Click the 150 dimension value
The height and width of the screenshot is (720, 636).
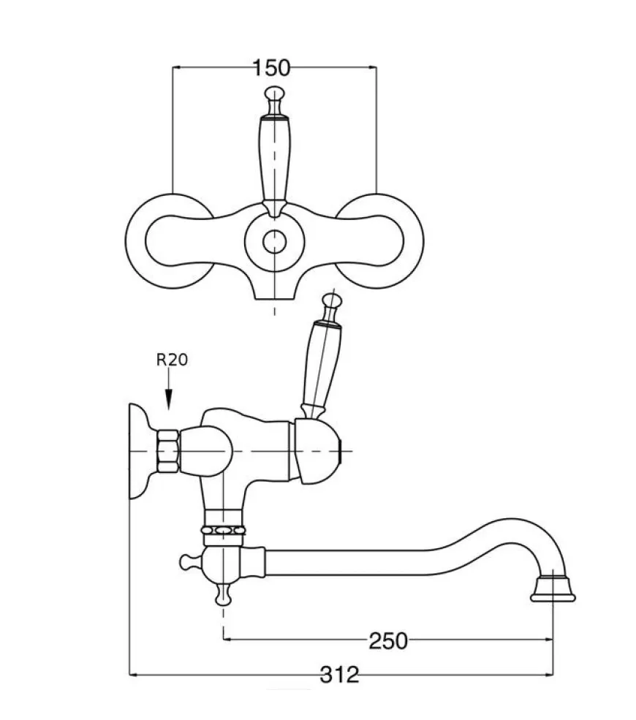[x=272, y=68]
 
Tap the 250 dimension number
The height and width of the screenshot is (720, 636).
[x=388, y=641]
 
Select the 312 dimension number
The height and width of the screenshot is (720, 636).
[x=339, y=675]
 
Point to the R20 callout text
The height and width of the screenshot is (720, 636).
[x=173, y=360]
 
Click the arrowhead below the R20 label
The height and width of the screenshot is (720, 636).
[x=169, y=398]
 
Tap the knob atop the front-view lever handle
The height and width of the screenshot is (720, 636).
[x=275, y=94]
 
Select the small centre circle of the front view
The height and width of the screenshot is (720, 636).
[x=275, y=242]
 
